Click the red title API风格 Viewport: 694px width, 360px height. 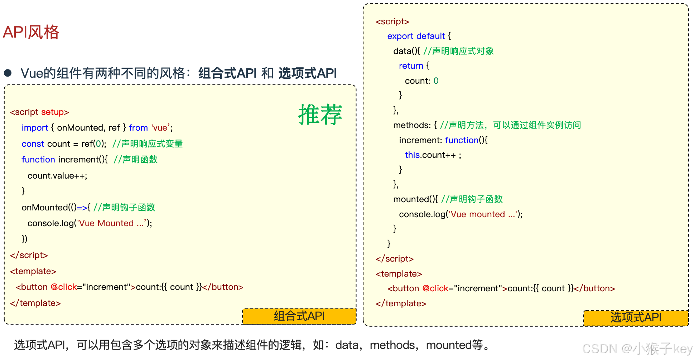(x=31, y=32)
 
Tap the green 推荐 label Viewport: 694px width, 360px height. (x=320, y=115)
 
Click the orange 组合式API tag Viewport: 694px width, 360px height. (x=299, y=316)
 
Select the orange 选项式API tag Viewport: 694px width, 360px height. (x=636, y=318)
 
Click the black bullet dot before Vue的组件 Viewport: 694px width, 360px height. (x=8, y=73)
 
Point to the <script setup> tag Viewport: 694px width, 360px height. (x=39, y=112)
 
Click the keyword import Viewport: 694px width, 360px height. (x=35, y=128)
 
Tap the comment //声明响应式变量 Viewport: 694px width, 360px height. (x=148, y=144)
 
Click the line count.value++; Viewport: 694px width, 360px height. (x=57, y=176)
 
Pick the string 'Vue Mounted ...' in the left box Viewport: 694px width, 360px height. (x=112, y=223)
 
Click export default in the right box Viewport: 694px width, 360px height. (x=416, y=36)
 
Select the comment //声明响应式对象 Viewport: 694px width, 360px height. (x=458, y=51)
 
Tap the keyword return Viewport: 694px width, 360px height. (x=411, y=66)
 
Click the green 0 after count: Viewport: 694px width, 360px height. (x=436, y=81)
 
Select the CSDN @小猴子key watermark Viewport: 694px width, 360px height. (x=637, y=349)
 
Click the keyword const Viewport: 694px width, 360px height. (x=33, y=144)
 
